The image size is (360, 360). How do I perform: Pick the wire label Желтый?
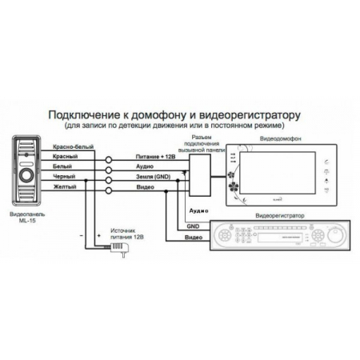click(63, 186)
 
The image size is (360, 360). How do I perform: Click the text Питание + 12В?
click(154, 158)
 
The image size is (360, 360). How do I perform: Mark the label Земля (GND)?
click(154, 177)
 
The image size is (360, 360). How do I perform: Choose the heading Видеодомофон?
click(276, 138)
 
